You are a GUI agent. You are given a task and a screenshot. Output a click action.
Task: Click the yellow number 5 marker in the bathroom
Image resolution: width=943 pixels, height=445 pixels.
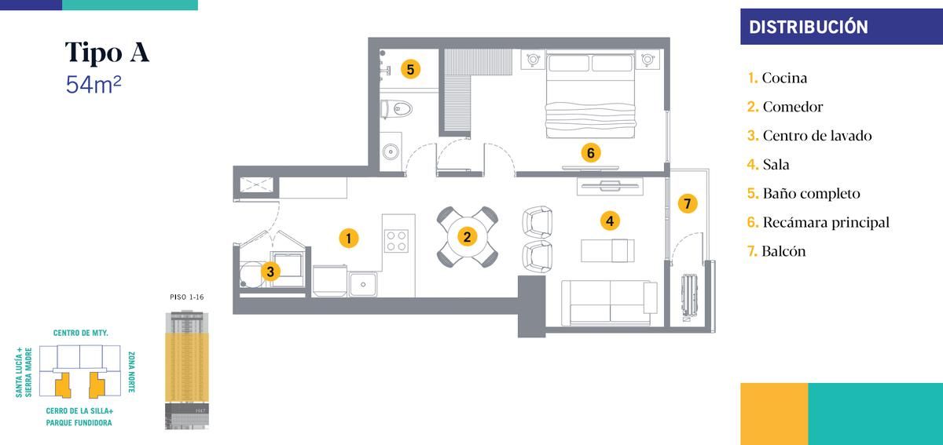pyautogui.click(x=410, y=69)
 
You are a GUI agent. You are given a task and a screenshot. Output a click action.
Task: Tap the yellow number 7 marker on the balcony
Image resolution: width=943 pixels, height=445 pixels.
pyautogui.click(x=688, y=203)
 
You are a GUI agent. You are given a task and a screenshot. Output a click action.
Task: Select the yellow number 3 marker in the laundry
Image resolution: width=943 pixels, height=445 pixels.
pyautogui.click(x=270, y=272)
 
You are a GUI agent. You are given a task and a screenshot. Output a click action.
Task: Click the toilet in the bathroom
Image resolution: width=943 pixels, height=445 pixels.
pyautogui.click(x=396, y=109)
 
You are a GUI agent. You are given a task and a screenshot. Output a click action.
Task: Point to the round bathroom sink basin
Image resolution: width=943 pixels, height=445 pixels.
pyautogui.click(x=391, y=151)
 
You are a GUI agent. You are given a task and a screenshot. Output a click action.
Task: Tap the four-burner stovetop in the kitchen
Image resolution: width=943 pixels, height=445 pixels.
pyautogui.click(x=396, y=241)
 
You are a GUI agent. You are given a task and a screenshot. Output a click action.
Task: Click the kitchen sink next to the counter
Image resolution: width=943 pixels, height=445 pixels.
pyautogui.click(x=362, y=284)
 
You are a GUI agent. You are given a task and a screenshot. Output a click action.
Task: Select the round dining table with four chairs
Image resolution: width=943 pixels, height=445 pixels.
pyautogui.click(x=468, y=237)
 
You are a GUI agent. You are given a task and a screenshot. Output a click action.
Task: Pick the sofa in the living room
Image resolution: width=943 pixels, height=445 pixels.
pyautogui.click(x=609, y=303)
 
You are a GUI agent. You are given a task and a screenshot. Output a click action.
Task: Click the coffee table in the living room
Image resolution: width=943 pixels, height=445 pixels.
pyautogui.click(x=607, y=250)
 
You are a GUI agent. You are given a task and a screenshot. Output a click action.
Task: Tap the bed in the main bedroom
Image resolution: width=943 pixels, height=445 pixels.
pyautogui.click(x=590, y=95)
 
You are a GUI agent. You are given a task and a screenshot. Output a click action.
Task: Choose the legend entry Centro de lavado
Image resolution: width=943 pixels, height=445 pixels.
pyautogui.click(x=809, y=136)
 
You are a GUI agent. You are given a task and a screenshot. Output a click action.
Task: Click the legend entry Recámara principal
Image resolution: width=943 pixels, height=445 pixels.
pyautogui.click(x=818, y=222)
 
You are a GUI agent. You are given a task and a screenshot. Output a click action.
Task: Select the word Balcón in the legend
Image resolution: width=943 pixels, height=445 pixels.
pyautogui.click(x=783, y=251)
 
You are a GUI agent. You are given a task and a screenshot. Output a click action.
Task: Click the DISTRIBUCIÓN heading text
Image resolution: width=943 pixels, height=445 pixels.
pyautogui.click(x=809, y=27)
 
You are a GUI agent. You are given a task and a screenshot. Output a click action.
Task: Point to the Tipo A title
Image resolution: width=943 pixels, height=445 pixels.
pyautogui.click(x=107, y=52)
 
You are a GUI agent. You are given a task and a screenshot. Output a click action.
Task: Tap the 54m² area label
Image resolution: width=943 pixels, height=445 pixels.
pyautogui.click(x=94, y=84)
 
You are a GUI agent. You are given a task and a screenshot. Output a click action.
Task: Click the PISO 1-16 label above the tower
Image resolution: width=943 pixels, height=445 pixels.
pyautogui.click(x=187, y=297)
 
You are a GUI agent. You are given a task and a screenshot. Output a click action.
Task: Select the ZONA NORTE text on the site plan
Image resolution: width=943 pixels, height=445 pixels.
pyautogui.click(x=131, y=372)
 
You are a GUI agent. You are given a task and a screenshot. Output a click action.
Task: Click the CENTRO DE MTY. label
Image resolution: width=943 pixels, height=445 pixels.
pyautogui.click(x=80, y=333)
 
